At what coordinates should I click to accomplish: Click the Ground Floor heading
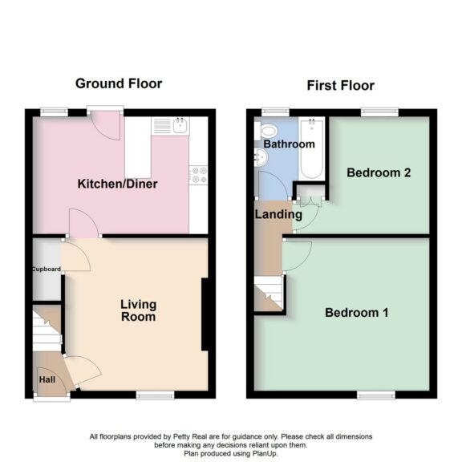tap(119, 83)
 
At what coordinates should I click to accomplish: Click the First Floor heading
tap(340, 86)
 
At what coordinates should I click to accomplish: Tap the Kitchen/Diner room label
tap(117, 184)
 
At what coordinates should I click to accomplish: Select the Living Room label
tap(138, 310)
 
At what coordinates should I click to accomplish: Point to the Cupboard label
tap(47, 269)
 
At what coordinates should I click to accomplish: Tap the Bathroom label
tap(289, 144)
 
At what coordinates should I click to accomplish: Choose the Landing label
tap(278, 214)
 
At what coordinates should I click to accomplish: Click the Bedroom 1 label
tap(357, 313)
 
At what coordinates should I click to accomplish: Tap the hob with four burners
tap(198, 174)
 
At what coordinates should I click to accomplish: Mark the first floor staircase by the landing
tap(269, 294)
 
